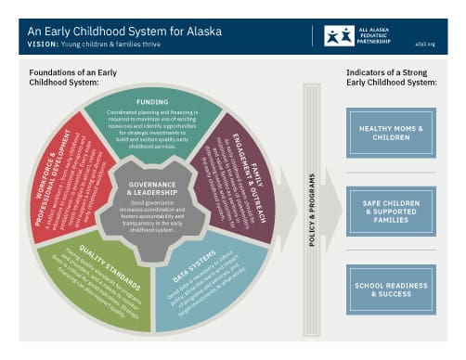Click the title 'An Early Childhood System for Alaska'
coord(124,31)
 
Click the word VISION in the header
coord(45,45)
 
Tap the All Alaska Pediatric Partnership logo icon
coord(339,36)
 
